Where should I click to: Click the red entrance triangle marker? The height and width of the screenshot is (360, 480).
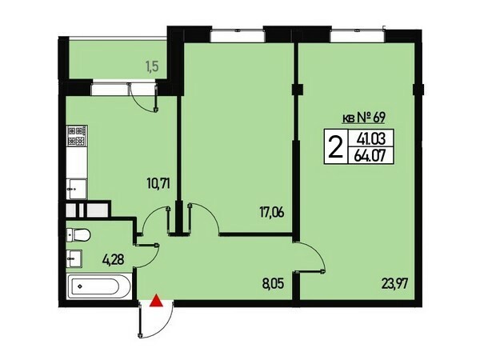pos(156,301)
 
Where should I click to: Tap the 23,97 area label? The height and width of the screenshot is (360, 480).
pos(394,284)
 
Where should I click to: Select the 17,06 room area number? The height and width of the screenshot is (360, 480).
pos(272,212)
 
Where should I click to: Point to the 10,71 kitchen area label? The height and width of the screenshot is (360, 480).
pos(158,184)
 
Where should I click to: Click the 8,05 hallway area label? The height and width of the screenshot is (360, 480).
pos(273,284)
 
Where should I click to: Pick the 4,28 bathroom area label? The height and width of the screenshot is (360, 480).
pos(114,259)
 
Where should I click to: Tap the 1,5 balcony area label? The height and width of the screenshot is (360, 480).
pos(152,66)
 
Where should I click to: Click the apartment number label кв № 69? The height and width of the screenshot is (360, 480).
pos(362,118)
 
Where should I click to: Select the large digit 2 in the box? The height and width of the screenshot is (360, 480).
pos(335,146)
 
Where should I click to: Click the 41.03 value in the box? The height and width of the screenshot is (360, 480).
pos(370,139)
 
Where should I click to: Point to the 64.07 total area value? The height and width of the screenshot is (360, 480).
pos(370,157)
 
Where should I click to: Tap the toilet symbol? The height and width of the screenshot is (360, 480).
pos(78,235)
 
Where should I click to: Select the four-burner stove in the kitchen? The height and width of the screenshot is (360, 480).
pos(77,135)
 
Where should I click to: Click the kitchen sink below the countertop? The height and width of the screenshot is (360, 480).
pos(77,189)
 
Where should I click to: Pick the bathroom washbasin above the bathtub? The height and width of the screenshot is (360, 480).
pos(74,258)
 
